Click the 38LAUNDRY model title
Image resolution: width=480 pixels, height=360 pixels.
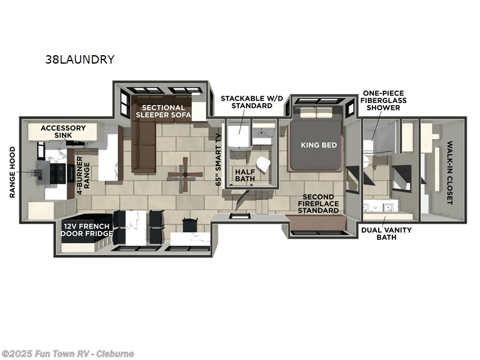click(x=80, y=59)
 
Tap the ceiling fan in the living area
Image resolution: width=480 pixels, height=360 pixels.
click(x=185, y=175)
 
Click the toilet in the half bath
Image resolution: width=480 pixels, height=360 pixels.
click(x=262, y=162)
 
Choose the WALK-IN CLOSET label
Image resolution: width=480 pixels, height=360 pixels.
click(x=450, y=173)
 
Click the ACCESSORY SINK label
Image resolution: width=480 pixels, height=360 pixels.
click(x=63, y=132)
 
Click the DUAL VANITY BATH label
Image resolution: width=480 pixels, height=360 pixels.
click(x=379, y=233)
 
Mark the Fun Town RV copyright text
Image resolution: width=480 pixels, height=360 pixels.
click(x=68, y=353)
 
